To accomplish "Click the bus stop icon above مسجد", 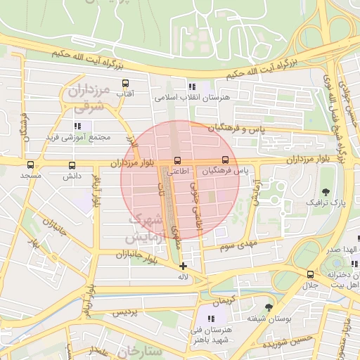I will click(30, 165).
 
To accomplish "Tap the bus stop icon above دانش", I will click(72, 165).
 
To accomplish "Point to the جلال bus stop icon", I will click(310, 274).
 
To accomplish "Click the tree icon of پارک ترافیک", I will click(325, 191).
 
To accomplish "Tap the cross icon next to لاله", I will click(184, 266).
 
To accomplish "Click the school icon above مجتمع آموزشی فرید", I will click(77, 126).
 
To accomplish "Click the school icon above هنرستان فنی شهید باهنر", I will click(212, 319).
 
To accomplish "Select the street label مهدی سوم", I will click(239, 245).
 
